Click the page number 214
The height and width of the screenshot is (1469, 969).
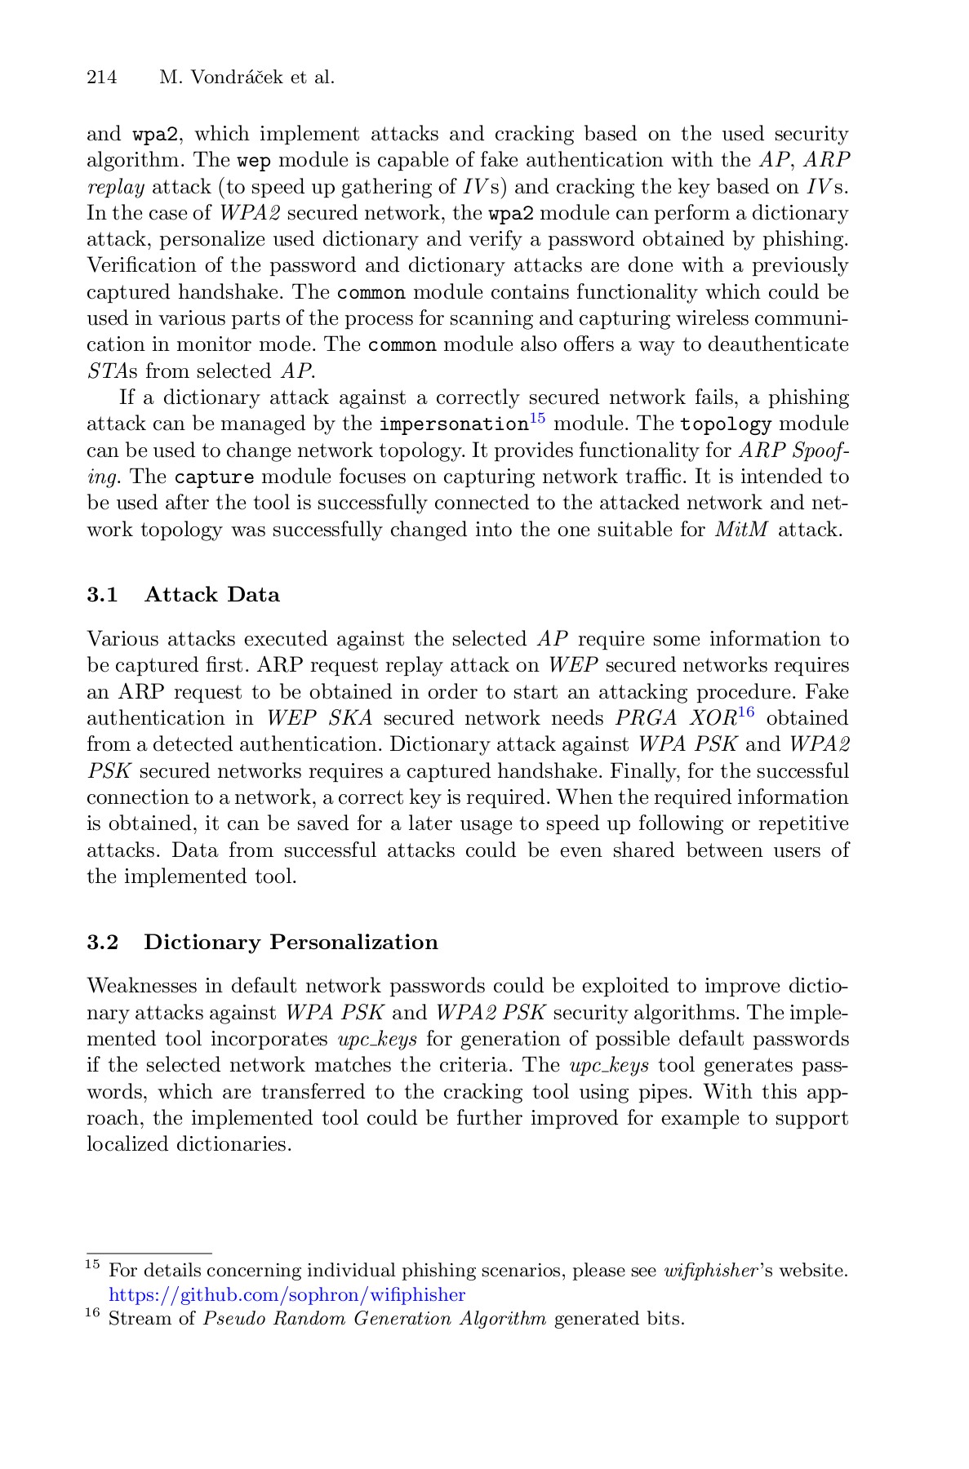(102, 78)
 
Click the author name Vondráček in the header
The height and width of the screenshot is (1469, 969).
(226, 78)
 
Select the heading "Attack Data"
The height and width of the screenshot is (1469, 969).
(211, 595)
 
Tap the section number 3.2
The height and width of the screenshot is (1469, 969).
(102, 943)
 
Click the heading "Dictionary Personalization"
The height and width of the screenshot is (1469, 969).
(291, 943)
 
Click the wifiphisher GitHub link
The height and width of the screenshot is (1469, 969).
(287, 1295)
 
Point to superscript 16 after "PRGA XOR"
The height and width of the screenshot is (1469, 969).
(745, 713)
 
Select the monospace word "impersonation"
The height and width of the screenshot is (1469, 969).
(454, 425)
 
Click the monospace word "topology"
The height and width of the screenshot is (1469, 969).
(726, 425)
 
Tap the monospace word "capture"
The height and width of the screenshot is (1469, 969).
(215, 477)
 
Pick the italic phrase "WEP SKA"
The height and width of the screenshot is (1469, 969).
(319, 719)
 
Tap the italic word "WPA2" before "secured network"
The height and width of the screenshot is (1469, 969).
(251, 214)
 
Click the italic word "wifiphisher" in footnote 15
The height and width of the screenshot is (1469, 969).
(709, 1272)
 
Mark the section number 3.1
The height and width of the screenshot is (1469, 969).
(102, 595)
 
